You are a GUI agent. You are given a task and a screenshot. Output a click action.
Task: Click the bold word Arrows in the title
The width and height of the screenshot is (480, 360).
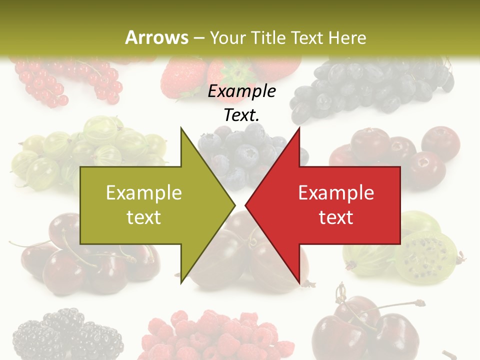[156, 38]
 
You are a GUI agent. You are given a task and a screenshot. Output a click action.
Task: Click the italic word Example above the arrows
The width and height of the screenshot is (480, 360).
[242, 91]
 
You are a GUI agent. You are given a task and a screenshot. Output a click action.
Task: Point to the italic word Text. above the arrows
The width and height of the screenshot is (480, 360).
[242, 115]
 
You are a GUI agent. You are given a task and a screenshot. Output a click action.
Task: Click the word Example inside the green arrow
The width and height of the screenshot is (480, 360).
[143, 193]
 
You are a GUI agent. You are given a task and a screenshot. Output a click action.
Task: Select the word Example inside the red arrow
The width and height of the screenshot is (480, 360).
[336, 193]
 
